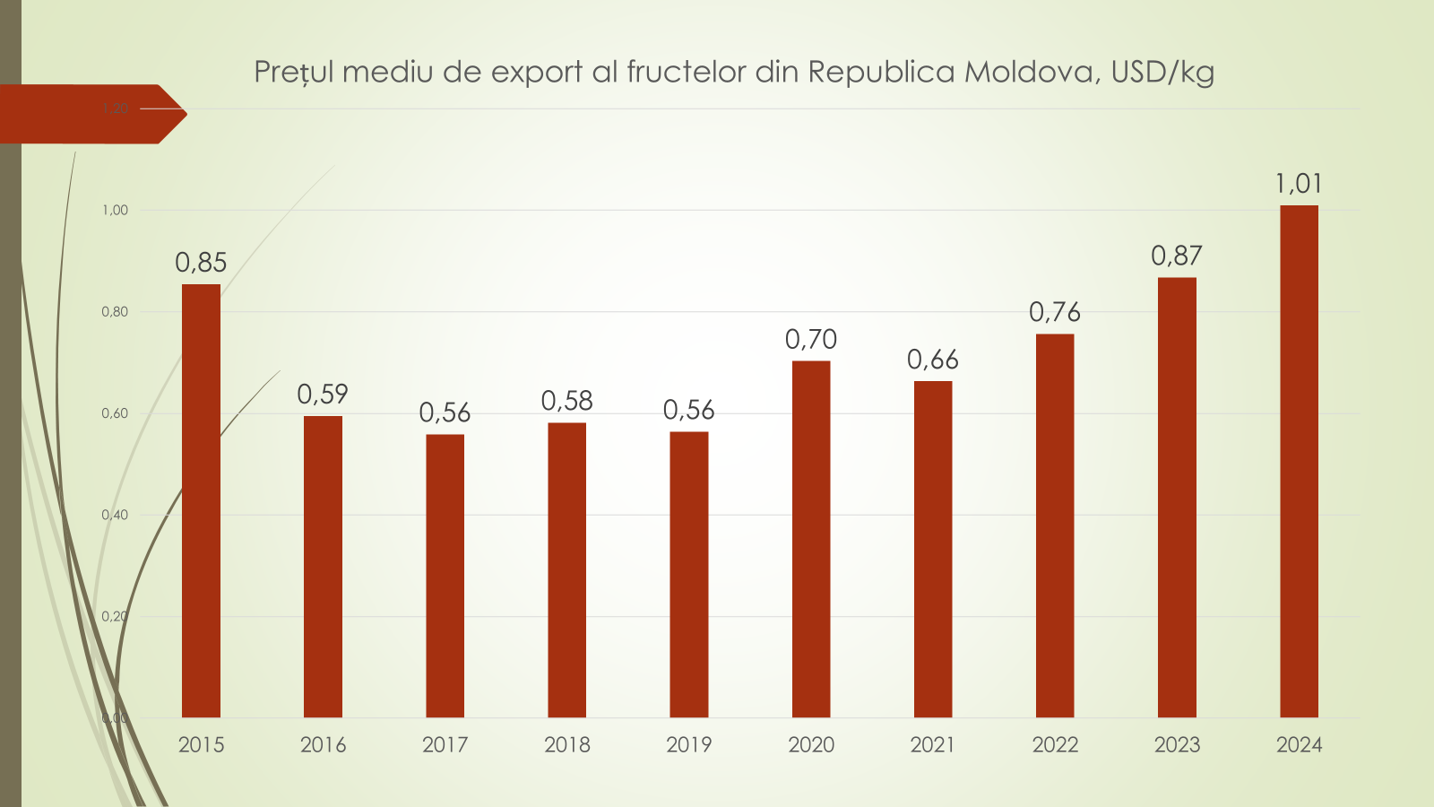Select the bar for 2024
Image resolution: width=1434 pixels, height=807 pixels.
(x=1299, y=461)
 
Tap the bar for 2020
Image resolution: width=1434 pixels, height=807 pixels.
(x=811, y=539)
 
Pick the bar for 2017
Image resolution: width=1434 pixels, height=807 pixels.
(x=445, y=576)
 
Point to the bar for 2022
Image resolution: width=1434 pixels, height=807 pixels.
(x=1055, y=525)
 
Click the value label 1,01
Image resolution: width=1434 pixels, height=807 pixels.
(x=1299, y=184)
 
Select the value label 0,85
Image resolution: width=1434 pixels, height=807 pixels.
(x=201, y=263)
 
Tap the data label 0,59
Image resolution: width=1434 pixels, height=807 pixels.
(x=323, y=395)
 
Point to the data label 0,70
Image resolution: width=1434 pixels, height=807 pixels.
(x=811, y=340)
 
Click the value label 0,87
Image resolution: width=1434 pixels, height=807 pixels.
(x=1177, y=256)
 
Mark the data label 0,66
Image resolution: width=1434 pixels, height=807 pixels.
(x=933, y=360)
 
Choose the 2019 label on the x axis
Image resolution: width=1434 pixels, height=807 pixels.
(x=689, y=744)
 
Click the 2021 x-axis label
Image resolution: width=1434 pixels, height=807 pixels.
(x=933, y=744)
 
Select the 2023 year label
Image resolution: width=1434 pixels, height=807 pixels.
(x=1177, y=744)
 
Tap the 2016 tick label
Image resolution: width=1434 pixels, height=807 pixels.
(x=323, y=744)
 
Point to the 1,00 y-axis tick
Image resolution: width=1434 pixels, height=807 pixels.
(x=115, y=211)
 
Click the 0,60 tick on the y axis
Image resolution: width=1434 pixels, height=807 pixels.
(x=115, y=413)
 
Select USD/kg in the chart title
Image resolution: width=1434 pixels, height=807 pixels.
(x=1162, y=72)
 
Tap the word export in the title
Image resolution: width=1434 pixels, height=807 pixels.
(x=537, y=72)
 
